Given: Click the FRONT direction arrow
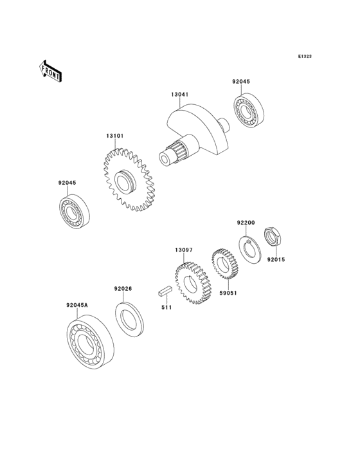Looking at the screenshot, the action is tap(50, 71).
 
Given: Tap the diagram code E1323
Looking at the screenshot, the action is tap(305, 56).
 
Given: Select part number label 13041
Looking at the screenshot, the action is tap(180, 95).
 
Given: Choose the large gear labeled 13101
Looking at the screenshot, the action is tap(128, 180).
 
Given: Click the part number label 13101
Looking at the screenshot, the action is tap(114, 136).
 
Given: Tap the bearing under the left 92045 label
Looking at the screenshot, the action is tap(74, 212).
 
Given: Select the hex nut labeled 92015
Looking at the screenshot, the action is tap(273, 237).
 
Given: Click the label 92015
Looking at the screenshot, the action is tap(276, 259).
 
